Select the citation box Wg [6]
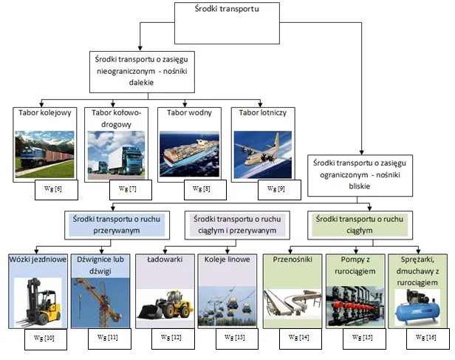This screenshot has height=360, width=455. click(53, 189)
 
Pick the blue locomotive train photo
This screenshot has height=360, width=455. click(45, 155)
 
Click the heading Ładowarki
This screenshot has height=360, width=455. click(163, 260)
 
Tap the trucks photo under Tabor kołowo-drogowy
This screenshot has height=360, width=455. click(117, 157)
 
